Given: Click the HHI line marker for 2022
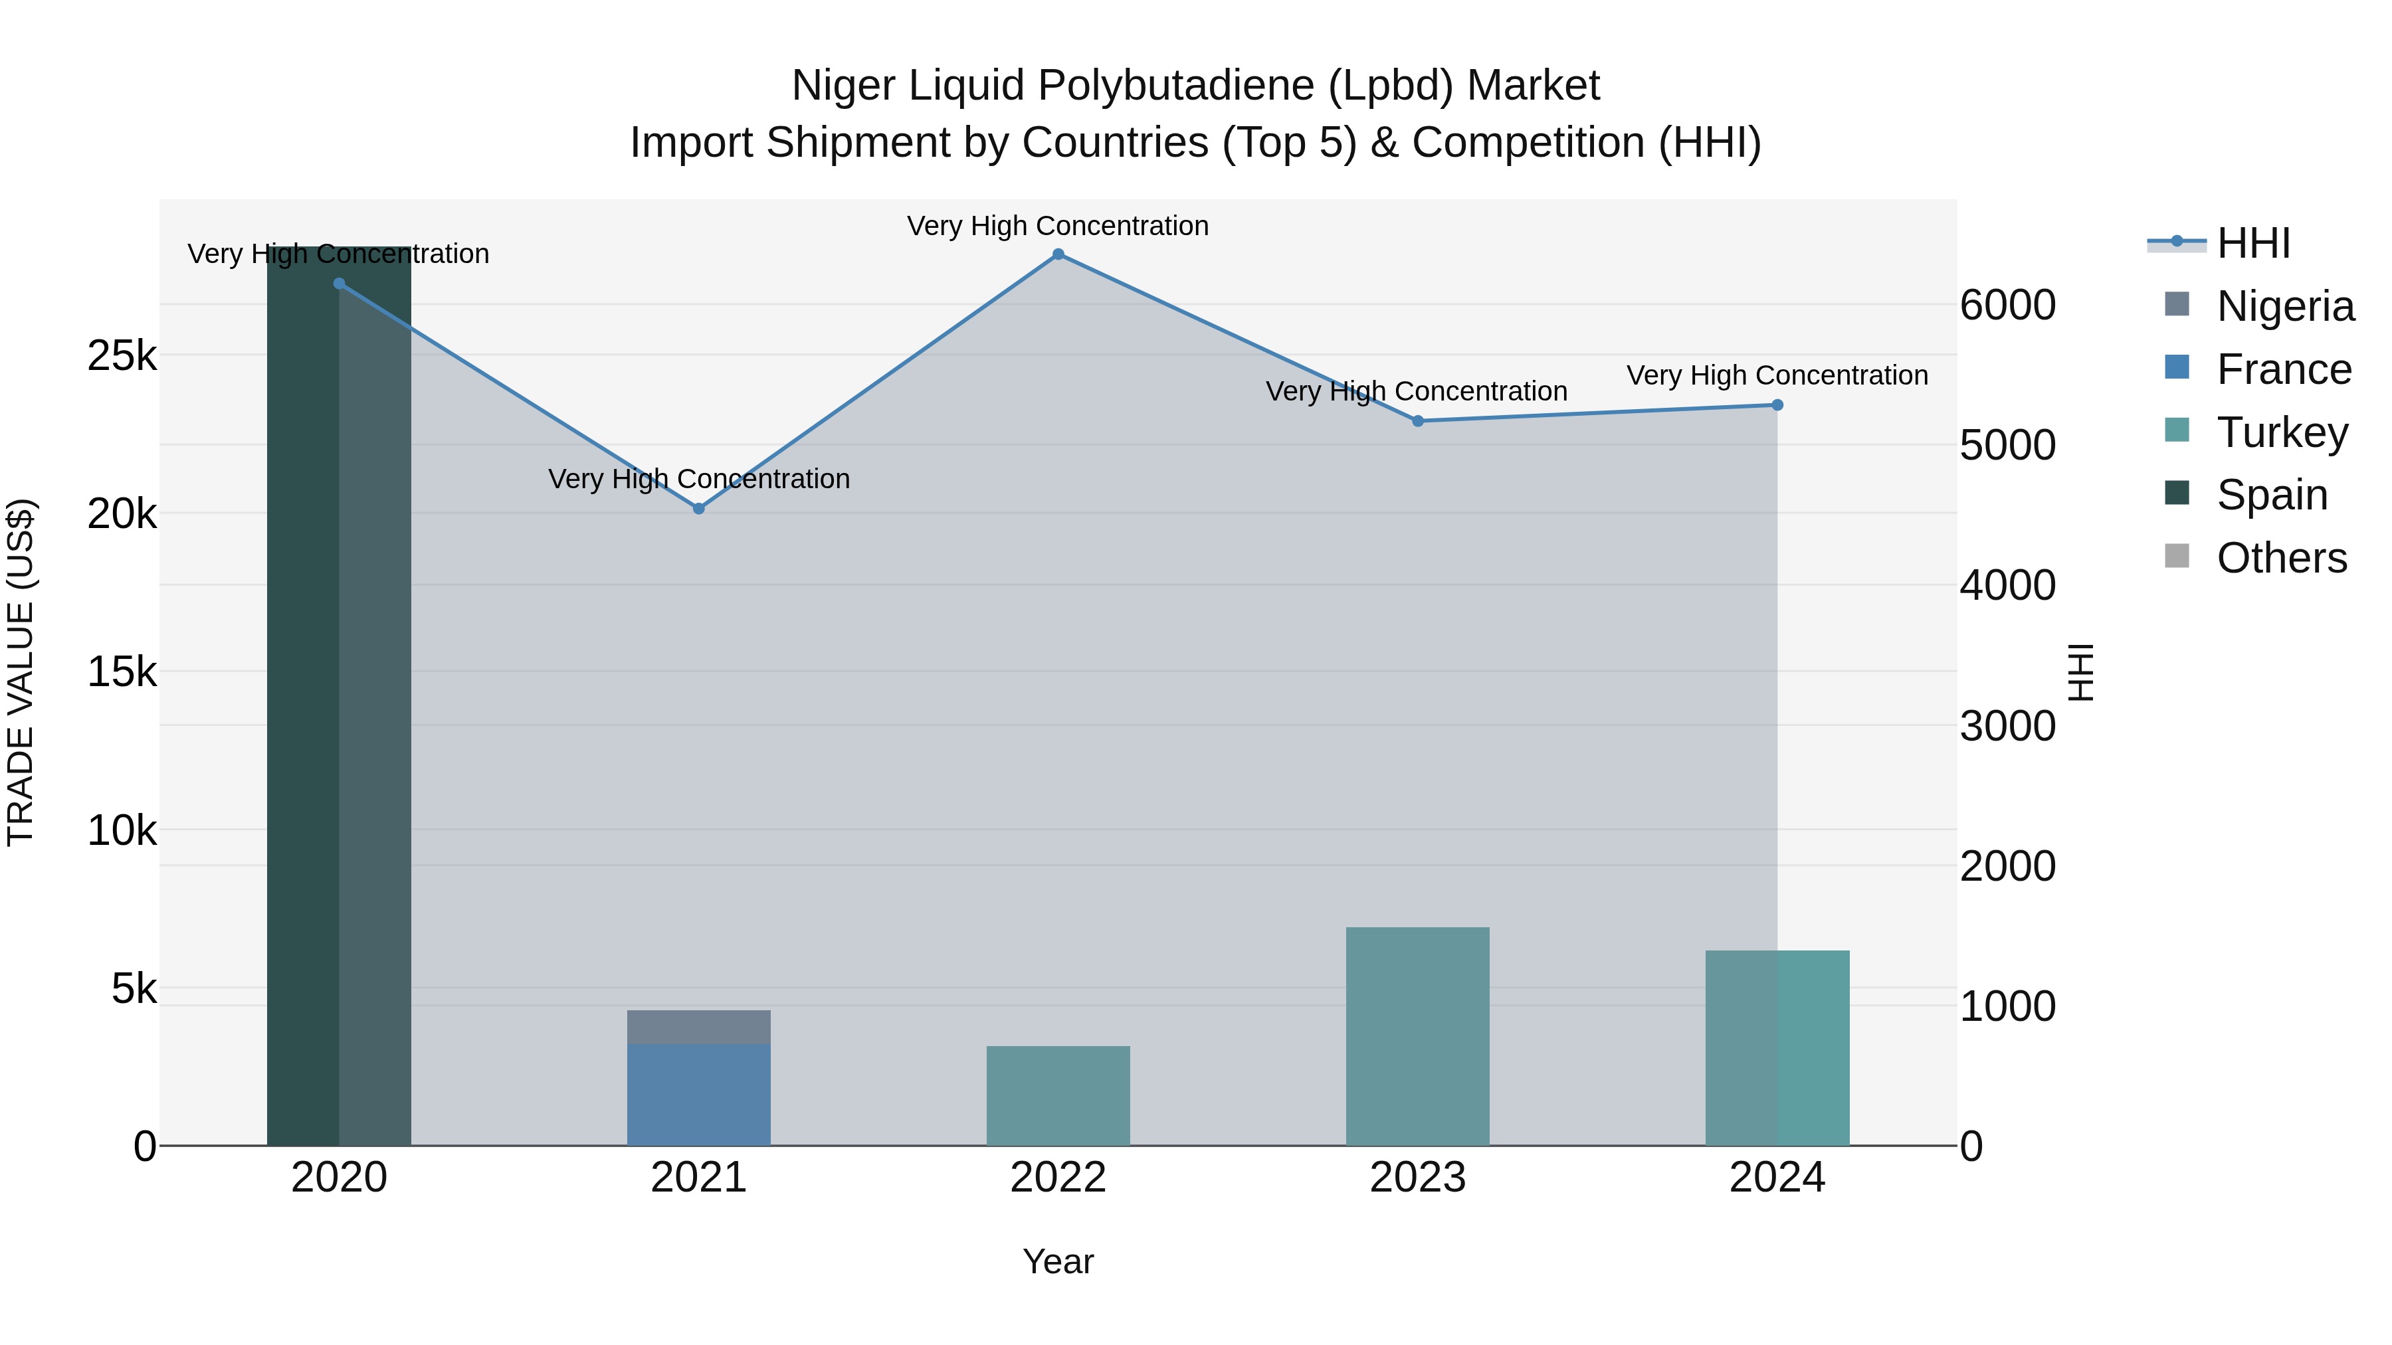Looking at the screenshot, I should coord(1058,254).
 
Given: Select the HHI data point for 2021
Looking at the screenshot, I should coord(699,509).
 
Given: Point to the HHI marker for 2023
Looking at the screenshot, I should coord(1418,421).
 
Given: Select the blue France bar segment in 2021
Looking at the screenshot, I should coord(698,1095).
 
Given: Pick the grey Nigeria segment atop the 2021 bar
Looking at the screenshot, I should coord(698,1027).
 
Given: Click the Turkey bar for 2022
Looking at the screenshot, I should coord(1058,1095).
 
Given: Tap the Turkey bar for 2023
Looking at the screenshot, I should coord(1418,1035).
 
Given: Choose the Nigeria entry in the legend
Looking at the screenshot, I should coord(2284,306).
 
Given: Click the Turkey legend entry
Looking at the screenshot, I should coord(2282,432).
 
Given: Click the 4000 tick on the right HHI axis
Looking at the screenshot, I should coord(2007,586).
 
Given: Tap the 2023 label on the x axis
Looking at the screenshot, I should coord(1417,1178).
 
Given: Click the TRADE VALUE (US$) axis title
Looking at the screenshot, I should coord(21,672).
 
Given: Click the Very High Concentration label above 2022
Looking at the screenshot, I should coord(1058,226).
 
